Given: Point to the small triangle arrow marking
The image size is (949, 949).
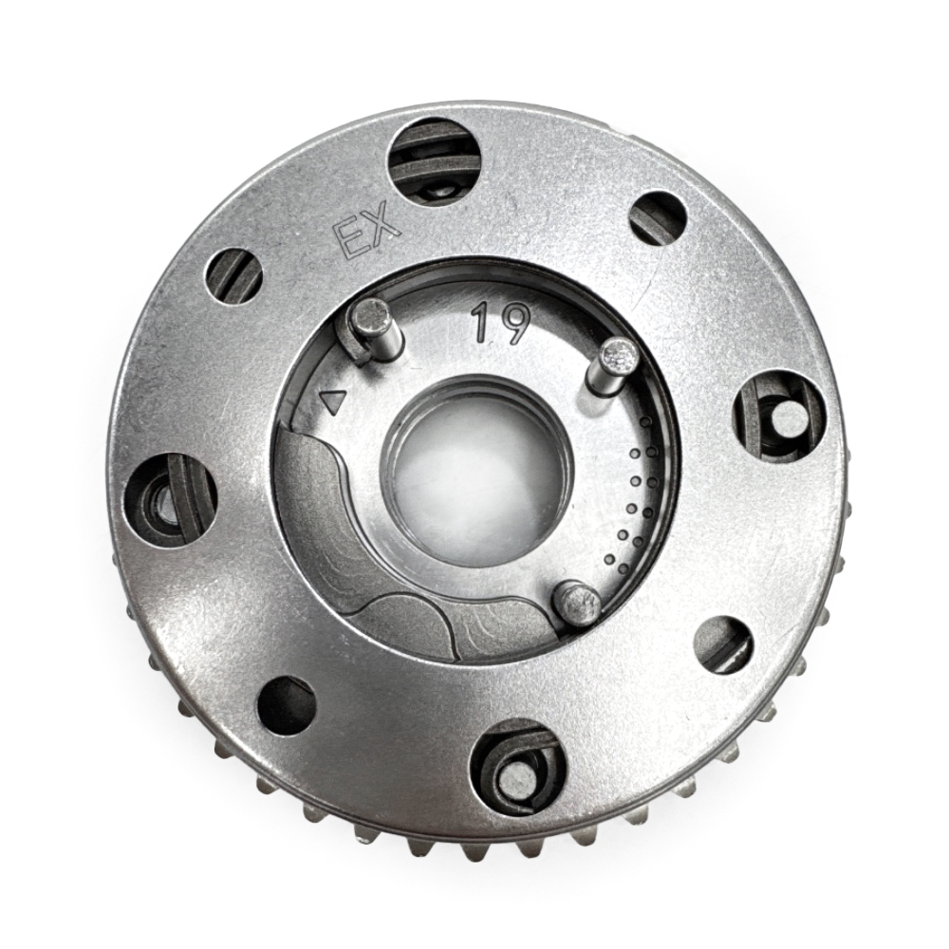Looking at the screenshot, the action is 333,400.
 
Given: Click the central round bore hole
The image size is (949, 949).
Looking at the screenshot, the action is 475,469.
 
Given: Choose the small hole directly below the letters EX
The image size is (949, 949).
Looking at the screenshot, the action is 234,279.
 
